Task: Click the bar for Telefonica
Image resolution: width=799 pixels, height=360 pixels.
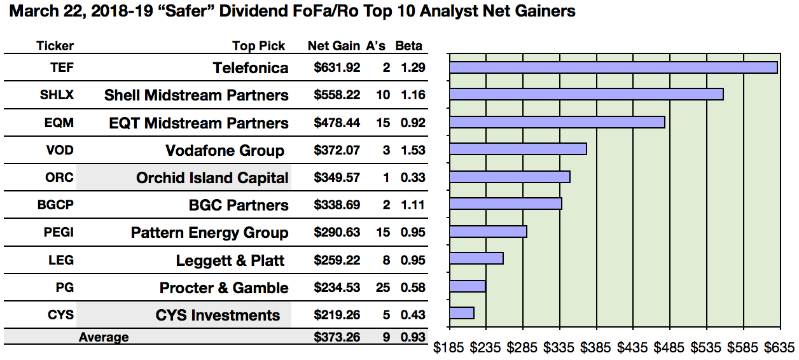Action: [x=613, y=67]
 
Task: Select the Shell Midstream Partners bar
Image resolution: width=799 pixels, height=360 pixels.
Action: [x=586, y=94]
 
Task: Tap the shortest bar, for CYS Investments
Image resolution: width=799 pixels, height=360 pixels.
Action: [x=462, y=313]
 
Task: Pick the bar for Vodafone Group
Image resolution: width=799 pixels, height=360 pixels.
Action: [x=518, y=149]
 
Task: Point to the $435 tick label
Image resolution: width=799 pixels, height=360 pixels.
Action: [x=632, y=348]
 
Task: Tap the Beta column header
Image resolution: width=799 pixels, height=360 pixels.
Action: [x=408, y=46]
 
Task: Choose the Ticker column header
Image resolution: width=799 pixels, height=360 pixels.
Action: [x=55, y=46]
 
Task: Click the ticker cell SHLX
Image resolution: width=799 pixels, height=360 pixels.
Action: [x=56, y=95]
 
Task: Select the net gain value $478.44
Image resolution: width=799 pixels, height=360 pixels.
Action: [x=337, y=123]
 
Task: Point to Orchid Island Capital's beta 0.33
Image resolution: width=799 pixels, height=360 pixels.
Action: [x=413, y=177]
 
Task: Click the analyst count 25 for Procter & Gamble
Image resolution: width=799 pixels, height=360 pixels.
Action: [x=383, y=287]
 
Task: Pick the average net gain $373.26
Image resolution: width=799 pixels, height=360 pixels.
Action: [x=337, y=337]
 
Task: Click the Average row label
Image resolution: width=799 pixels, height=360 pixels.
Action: [x=103, y=337]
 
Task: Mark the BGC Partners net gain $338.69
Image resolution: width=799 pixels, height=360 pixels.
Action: [x=337, y=205]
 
